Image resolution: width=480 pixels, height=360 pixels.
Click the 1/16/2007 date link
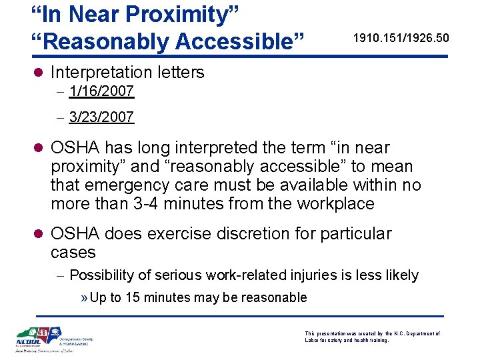(101, 91)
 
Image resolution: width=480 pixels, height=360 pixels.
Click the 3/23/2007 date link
(101, 118)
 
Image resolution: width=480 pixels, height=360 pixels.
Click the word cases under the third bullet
(73, 253)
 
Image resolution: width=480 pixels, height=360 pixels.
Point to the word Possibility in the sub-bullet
(100, 275)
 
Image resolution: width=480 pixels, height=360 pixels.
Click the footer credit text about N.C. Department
(372, 337)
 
